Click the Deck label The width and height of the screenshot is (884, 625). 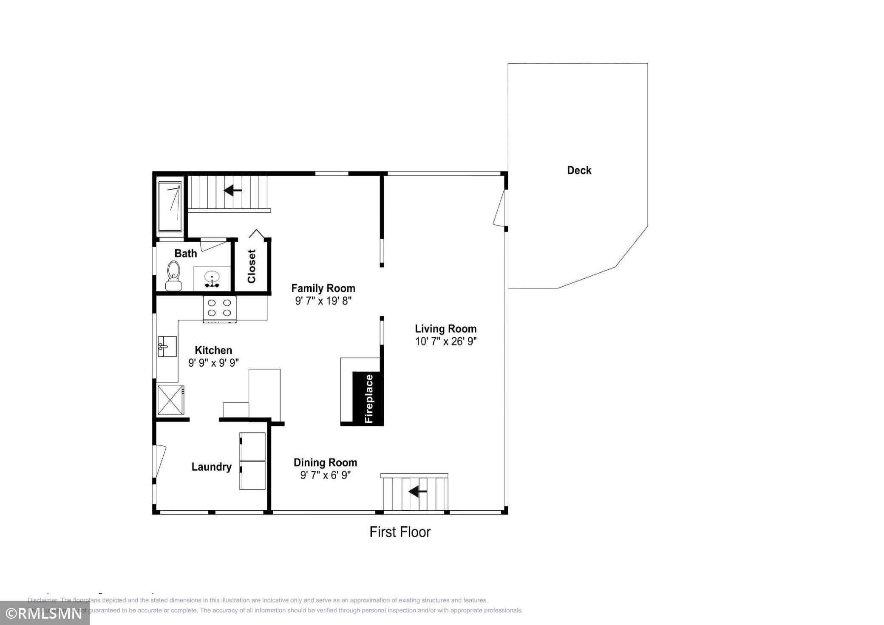pyautogui.click(x=579, y=170)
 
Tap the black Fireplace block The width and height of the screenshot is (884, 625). pyautogui.click(x=368, y=398)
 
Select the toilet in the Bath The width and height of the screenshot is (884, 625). pyautogui.click(x=173, y=275)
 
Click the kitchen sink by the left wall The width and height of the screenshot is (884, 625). pyautogui.click(x=167, y=346)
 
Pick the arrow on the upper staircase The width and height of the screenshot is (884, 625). pyautogui.click(x=232, y=190)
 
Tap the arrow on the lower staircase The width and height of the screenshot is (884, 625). pyautogui.click(x=417, y=492)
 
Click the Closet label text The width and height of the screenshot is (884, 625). pyautogui.click(x=252, y=266)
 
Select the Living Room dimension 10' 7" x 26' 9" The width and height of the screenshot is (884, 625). pyautogui.click(x=445, y=341)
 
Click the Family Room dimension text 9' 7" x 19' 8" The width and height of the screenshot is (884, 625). pyautogui.click(x=323, y=301)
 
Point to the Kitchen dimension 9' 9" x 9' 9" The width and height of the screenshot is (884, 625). pyautogui.click(x=213, y=363)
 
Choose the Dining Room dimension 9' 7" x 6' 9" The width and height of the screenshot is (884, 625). pyautogui.click(x=325, y=475)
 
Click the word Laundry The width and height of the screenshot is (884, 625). pyautogui.click(x=211, y=467)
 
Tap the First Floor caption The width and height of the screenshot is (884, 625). pyautogui.click(x=399, y=532)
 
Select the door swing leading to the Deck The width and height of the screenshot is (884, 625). pyautogui.click(x=500, y=208)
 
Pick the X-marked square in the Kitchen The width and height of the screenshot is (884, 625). pyautogui.click(x=170, y=400)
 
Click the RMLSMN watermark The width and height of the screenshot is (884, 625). pyautogui.click(x=44, y=614)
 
